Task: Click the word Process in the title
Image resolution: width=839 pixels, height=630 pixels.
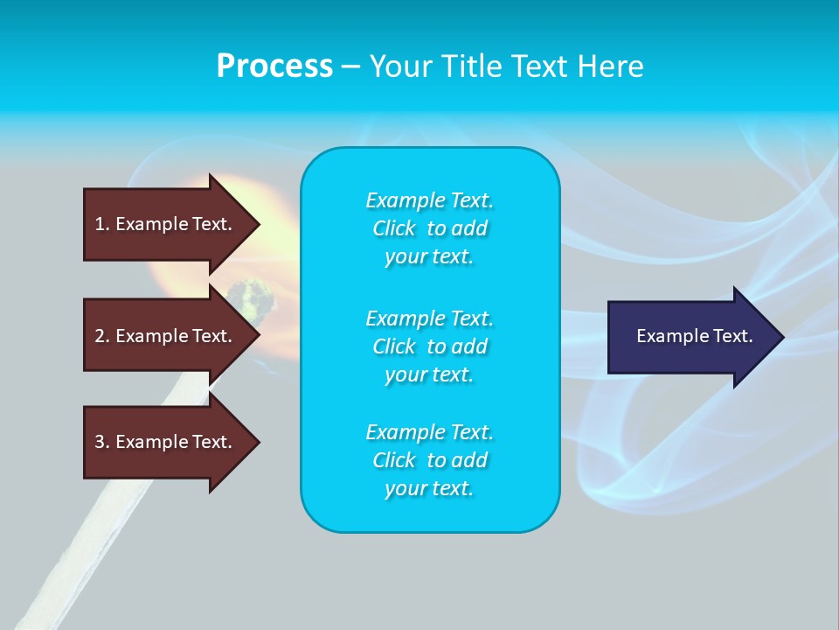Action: point(274,66)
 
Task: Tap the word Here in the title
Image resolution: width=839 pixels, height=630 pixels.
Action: point(611,66)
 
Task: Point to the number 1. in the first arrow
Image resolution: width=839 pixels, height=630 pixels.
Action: point(102,224)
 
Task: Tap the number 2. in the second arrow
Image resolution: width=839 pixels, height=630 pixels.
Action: point(102,336)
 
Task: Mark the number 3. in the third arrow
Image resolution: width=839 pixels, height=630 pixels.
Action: point(102,442)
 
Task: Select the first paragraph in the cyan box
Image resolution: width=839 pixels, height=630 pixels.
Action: point(429,228)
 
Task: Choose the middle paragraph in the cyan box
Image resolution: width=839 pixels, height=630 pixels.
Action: point(429,346)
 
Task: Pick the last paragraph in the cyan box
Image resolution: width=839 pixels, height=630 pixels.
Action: point(429,460)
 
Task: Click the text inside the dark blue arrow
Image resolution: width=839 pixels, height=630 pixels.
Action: point(695,336)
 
